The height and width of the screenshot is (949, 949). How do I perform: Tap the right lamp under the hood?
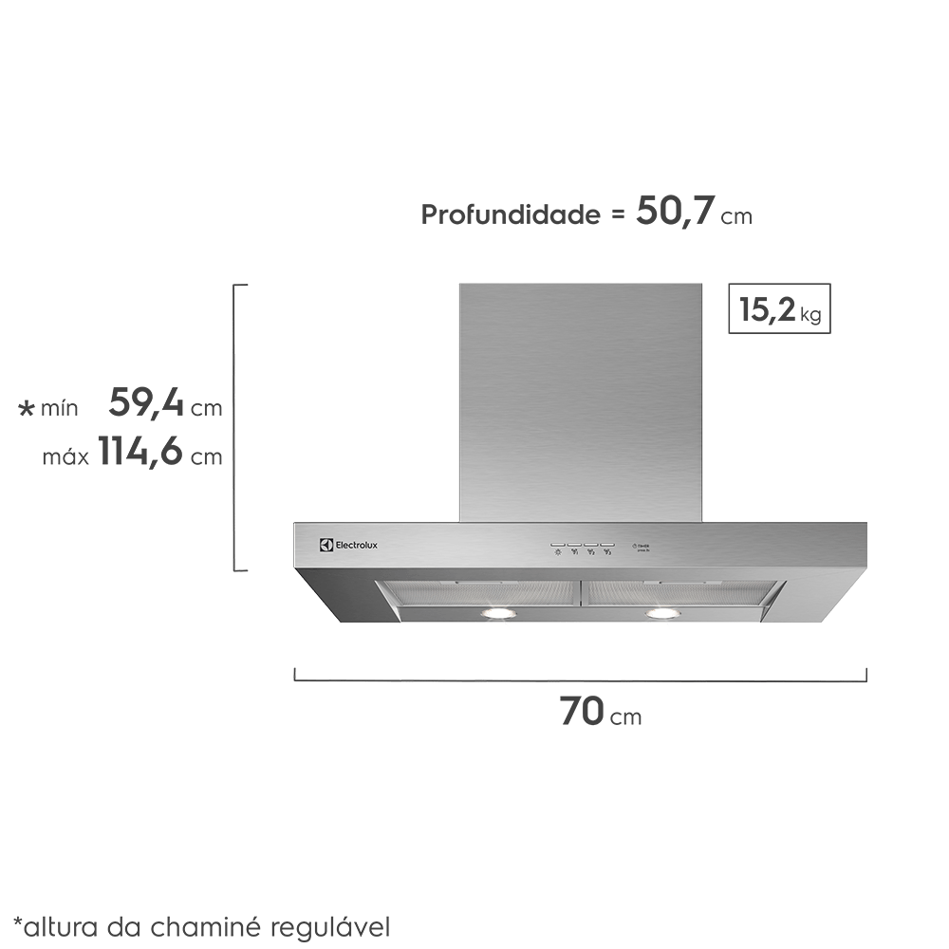tap(662, 614)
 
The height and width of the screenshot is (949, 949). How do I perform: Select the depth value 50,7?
tap(674, 211)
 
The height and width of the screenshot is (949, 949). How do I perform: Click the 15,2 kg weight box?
tap(779, 308)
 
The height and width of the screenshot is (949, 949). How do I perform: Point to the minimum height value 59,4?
tap(146, 403)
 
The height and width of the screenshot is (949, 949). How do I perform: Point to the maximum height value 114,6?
tap(140, 453)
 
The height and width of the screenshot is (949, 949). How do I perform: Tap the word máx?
tap(65, 457)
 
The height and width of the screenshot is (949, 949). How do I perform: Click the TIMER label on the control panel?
tap(642, 546)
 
